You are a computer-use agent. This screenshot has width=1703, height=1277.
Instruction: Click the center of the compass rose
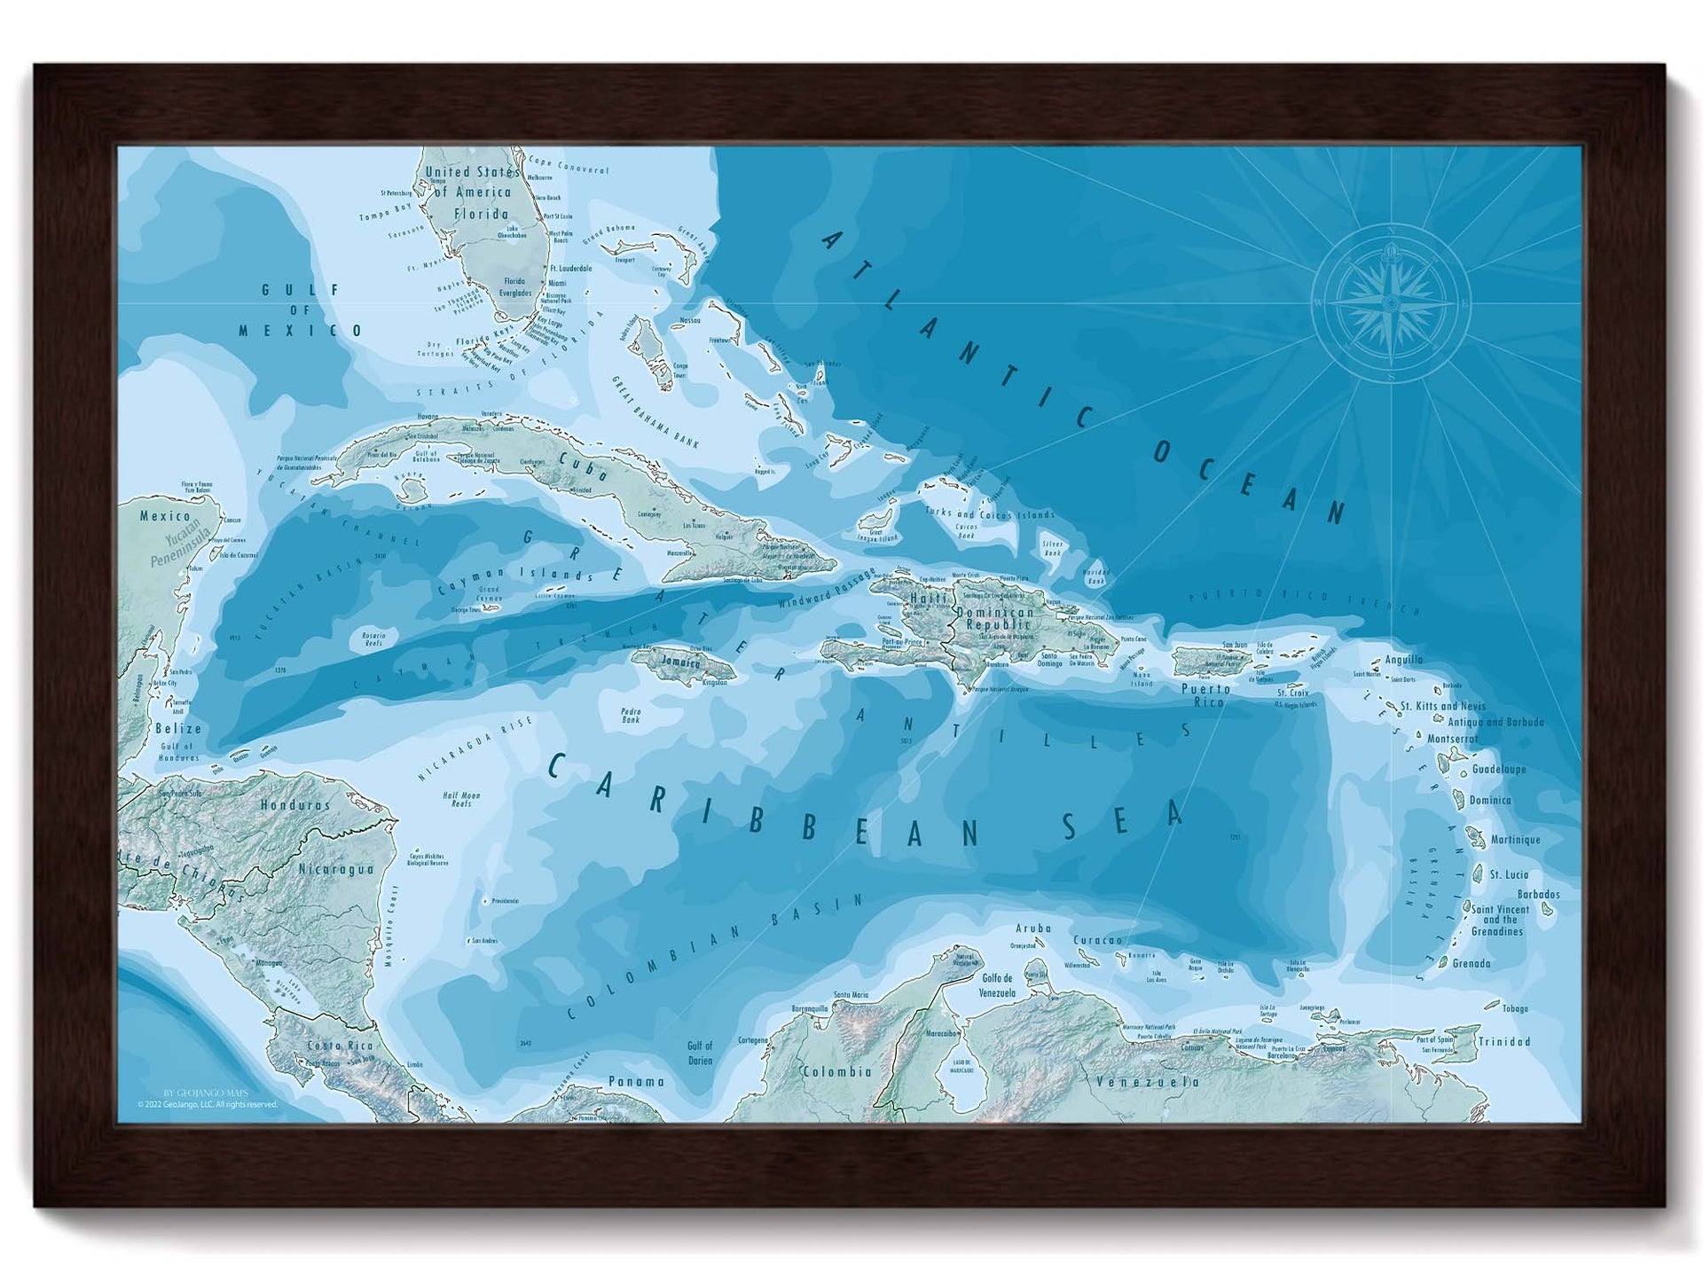coord(1391,304)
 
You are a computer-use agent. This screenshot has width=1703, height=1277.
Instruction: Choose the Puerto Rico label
coord(1206,695)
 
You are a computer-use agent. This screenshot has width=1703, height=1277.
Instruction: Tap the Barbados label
coord(1538,894)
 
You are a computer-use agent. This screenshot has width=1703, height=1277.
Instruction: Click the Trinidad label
coord(1504,1042)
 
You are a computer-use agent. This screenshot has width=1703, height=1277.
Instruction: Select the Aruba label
coord(1033,928)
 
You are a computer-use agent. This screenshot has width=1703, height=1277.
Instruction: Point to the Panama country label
coord(636,1081)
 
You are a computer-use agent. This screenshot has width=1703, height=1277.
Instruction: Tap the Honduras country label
coord(294,805)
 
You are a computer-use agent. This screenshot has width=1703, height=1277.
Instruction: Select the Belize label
coord(177,728)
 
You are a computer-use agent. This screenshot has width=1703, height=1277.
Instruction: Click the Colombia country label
coord(836,1071)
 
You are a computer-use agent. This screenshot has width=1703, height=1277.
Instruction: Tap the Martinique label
coord(1515,839)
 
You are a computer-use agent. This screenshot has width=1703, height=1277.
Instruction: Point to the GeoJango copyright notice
coord(207,1104)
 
